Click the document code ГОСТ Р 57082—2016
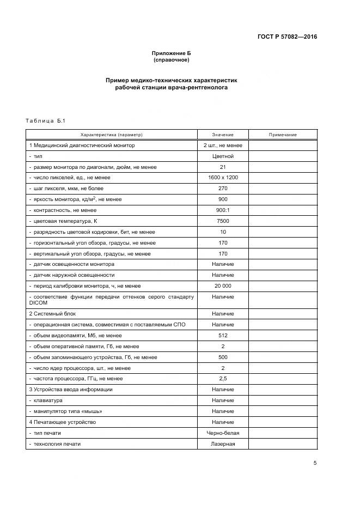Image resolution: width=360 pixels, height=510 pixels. pos(287,37)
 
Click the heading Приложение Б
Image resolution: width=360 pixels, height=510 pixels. pos(172,53)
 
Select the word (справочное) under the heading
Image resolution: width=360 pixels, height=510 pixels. pos(172,59)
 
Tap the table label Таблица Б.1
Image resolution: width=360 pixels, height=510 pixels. pos(45,120)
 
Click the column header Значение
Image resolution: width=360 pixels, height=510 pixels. pos(223,135)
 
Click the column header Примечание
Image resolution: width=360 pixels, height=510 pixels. pos(283,135)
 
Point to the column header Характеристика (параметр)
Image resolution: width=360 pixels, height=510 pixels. pos(111,135)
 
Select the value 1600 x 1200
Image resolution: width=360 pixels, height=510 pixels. pos(223,178)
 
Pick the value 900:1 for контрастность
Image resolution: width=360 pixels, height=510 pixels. pos(223,210)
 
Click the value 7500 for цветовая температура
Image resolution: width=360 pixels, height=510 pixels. pos(223,221)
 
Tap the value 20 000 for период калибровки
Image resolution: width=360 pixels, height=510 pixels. pos(223,286)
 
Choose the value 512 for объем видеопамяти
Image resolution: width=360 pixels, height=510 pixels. pos(223,336)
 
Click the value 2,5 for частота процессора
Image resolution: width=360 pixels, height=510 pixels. pos(223,379)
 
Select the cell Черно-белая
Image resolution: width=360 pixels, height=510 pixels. pos(223,433)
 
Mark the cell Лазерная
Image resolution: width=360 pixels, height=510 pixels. pos(223,444)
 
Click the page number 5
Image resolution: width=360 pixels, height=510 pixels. pos(315,463)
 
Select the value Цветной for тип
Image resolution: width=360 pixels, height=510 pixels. pos(223,156)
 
